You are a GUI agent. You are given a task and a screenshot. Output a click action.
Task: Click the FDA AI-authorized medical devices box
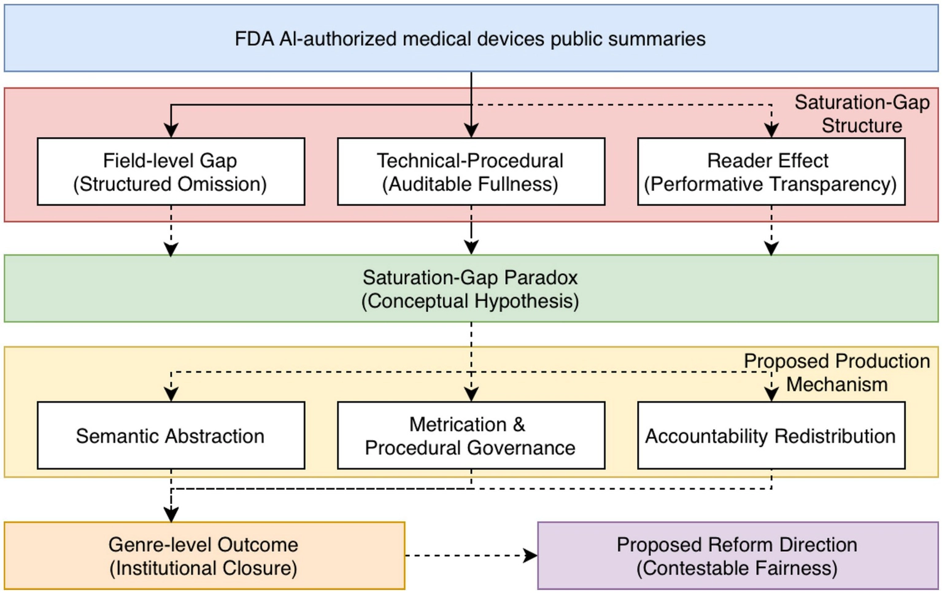(471, 38)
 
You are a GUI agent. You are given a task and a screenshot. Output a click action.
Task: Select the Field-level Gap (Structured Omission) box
(171, 172)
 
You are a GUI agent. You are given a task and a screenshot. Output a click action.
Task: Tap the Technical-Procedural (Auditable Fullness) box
(471, 172)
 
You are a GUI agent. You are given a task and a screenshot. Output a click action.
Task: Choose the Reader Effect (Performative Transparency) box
(771, 172)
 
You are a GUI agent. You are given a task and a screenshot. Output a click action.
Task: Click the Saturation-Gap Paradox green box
(471, 289)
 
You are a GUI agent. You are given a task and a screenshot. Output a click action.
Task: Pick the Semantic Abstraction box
(171, 435)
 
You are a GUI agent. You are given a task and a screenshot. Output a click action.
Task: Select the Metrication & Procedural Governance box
(471, 435)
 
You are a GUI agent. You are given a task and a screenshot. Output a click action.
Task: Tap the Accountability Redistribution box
(771, 435)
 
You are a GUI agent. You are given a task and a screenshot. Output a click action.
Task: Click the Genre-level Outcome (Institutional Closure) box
(204, 556)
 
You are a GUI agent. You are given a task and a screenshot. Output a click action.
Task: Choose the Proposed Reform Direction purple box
(738, 556)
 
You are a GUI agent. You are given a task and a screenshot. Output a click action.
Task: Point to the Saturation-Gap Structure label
(862, 114)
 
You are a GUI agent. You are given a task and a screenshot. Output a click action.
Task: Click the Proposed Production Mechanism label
(837, 373)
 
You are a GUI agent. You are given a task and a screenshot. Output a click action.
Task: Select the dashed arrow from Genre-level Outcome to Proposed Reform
(471, 556)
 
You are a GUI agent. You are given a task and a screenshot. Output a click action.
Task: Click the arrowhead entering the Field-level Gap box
(171, 130)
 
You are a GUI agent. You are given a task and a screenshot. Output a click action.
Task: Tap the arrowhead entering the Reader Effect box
(771, 130)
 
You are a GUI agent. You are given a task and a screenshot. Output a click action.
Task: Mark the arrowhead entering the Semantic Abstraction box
(171, 395)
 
